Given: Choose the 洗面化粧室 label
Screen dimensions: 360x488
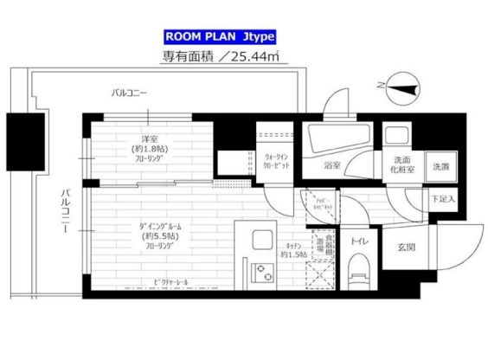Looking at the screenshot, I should (x=403, y=165).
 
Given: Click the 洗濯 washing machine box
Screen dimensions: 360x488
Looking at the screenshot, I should (x=441, y=166).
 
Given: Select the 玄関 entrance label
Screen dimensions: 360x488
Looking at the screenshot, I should (x=407, y=246).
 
